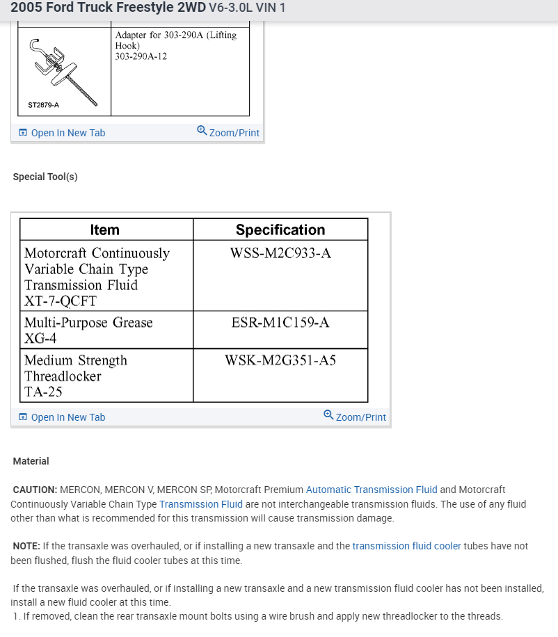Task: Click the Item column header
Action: [105, 230]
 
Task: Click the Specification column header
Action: [280, 230]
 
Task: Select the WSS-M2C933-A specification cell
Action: [280, 253]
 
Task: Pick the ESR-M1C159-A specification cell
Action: [280, 323]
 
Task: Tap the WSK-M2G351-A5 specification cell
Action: [280, 360]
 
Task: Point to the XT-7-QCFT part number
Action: [61, 301]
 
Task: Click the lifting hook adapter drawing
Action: [63, 70]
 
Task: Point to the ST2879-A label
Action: [43, 105]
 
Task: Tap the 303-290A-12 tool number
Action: [141, 56]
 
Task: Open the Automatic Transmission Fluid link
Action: [372, 490]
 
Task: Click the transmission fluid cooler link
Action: [407, 546]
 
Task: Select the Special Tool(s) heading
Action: [45, 177]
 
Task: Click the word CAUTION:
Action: [35, 490]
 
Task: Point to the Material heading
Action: [31, 461]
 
